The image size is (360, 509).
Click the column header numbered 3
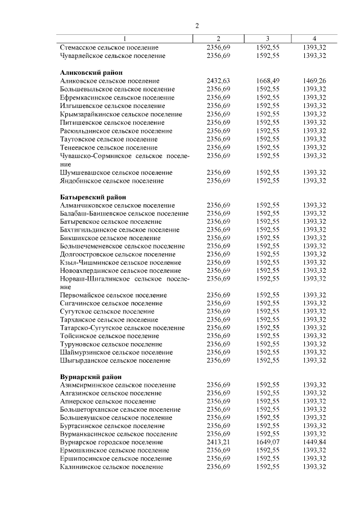tap(267, 39)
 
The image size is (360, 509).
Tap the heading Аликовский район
tap(91, 73)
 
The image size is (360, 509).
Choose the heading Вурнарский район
tap(91, 376)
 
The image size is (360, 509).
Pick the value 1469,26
tap(314, 81)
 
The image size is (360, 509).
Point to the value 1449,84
tap(314, 442)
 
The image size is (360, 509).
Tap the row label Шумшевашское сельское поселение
tap(116, 173)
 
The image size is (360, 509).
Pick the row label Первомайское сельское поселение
tap(113, 295)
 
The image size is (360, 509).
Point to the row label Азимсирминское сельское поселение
tap(117, 385)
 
